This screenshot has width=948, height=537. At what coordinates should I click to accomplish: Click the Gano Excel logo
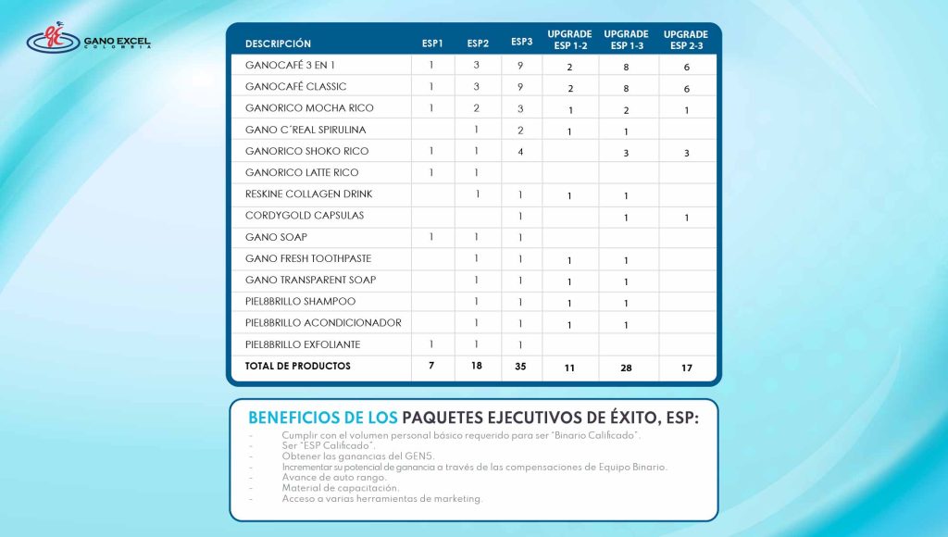coord(88,40)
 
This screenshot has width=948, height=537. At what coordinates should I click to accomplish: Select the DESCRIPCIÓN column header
coord(278,44)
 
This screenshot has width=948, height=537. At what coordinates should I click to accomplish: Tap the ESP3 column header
coord(521,42)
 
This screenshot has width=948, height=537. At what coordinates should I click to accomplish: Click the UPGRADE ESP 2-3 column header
coord(687,39)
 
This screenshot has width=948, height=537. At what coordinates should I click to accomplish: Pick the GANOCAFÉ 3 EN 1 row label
coord(290,66)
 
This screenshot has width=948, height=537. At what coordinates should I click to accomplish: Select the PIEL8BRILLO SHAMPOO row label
coord(300,302)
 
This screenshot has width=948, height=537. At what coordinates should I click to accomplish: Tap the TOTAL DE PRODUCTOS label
coord(297,366)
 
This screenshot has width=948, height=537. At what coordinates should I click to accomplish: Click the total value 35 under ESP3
coord(521,367)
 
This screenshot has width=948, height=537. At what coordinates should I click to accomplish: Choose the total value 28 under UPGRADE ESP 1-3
coord(626,368)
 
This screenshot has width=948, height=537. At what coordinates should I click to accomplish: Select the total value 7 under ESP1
coord(431,367)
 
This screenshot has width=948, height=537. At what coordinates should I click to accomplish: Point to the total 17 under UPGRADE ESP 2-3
coord(686,368)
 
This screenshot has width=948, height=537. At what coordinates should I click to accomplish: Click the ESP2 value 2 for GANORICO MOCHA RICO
coord(476,108)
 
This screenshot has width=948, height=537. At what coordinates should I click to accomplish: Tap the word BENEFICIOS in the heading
coord(297,418)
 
